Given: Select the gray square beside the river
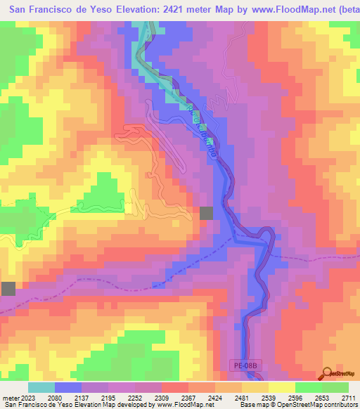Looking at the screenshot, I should (207, 214).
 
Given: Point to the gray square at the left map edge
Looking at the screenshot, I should (8, 288).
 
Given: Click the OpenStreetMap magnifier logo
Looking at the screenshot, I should (328, 372).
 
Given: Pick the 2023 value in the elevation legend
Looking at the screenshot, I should (24, 398).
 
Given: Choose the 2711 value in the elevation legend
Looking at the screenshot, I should (348, 398).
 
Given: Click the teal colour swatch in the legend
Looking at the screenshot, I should (41, 387).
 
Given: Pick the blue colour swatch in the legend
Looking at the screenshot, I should (68, 387).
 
